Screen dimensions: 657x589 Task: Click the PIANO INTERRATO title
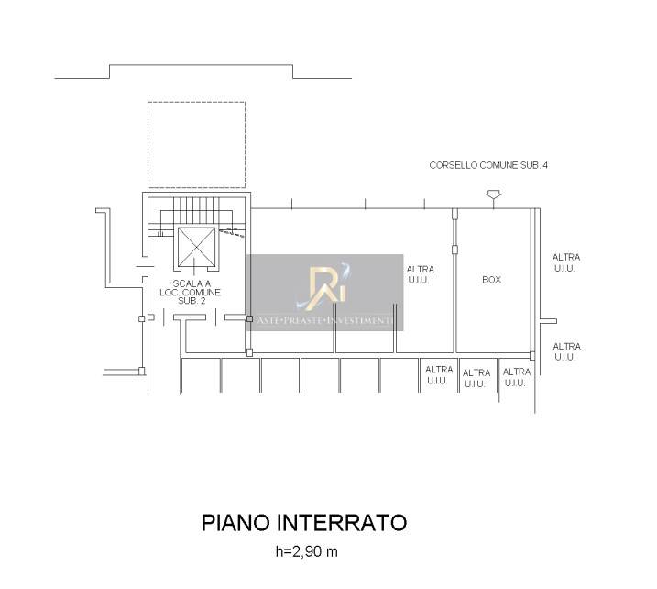click(x=304, y=523)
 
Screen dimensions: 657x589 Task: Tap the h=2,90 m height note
click(x=306, y=551)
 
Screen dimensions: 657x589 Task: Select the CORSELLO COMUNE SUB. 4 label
click(x=488, y=165)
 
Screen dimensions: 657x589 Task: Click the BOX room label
click(x=491, y=280)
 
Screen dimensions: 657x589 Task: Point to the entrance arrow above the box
click(x=494, y=196)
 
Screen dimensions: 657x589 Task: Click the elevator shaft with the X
click(x=196, y=247)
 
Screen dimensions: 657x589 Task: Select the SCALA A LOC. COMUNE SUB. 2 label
click(x=191, y=293)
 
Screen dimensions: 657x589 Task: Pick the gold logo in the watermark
click(x=326, y=286)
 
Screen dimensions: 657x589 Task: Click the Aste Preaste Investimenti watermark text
click(x=325, y=321)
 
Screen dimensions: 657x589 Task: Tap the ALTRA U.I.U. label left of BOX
click(x=421, y=274)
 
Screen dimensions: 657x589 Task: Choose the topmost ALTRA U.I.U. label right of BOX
click(x=566, y=262)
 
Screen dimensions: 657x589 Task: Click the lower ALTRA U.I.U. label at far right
click(x=566, y=351)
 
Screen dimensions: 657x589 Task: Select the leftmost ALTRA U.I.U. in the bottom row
click(x=439, y=375)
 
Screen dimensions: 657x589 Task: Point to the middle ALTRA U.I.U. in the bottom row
click(x=476, y=378)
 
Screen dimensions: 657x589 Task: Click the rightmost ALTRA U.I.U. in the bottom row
click(x=516, y=377)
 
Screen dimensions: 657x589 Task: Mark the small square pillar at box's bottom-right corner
click(x=532, y=356)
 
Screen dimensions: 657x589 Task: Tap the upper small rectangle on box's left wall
click(x=455, y=215)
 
